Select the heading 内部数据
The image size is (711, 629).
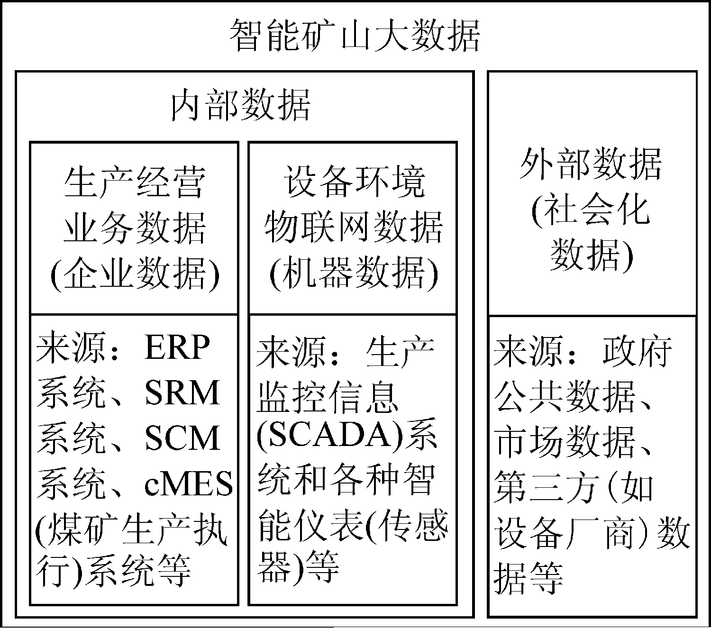pos(240,105)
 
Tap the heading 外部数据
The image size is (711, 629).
pos(591,164)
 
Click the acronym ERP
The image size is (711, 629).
pos(177,348)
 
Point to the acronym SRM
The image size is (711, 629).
pos(182,393)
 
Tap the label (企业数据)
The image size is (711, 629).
pos(135,273)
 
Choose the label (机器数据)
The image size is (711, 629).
pos(354,273)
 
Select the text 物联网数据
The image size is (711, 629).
pos(354,228)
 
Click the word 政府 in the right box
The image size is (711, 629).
pos(637,351)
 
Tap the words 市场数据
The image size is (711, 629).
pos(566,442)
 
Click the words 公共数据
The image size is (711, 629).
pos(566,397)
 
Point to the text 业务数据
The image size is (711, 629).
pos(135,228)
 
